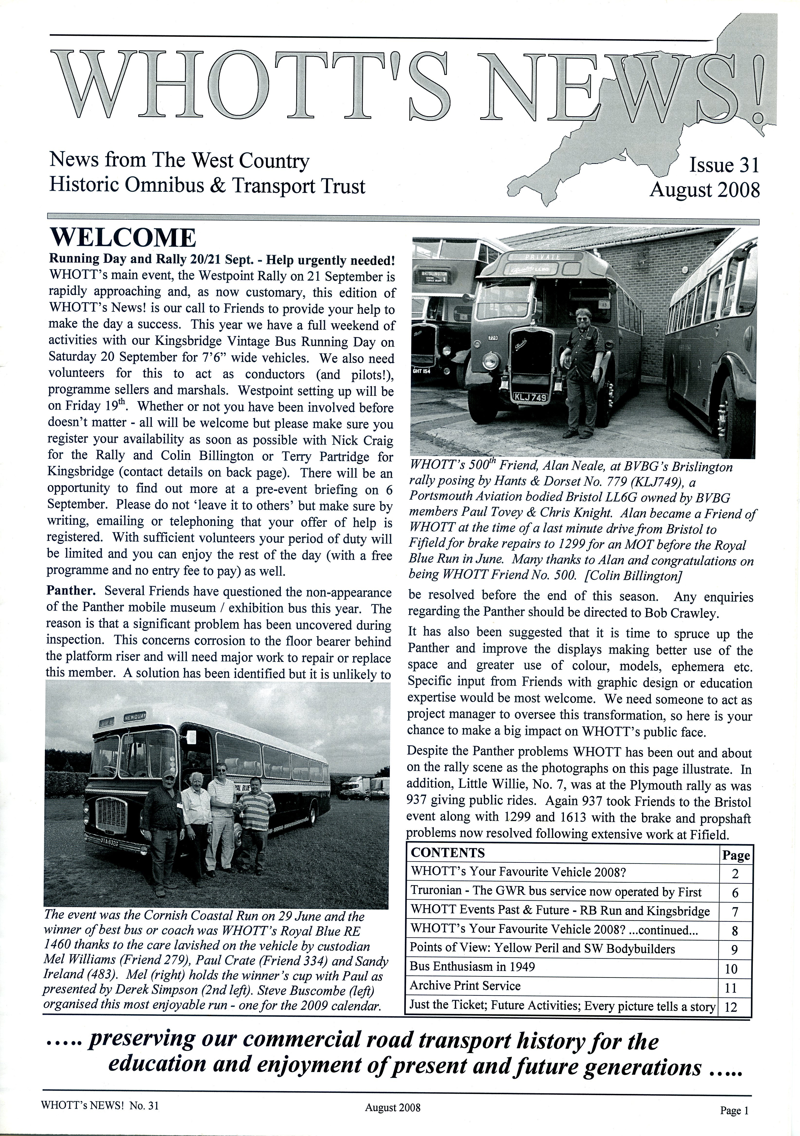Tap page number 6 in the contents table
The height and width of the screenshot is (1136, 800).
tap(735, 893)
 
